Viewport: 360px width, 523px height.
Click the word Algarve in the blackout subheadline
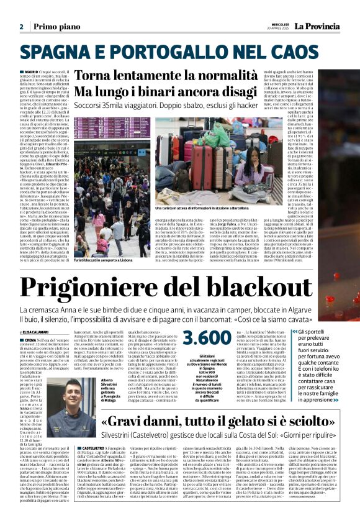tap(330, 310)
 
